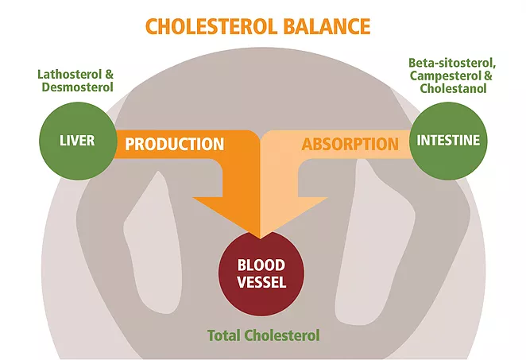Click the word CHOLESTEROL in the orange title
[211, 26]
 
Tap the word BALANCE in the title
[327, 26]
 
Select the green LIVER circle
[78, 141]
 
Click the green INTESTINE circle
[448, 141]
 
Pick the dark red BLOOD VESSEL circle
[261, 273]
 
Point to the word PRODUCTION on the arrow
[175, 144]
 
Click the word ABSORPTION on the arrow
[350, 144]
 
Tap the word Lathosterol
[69, 74]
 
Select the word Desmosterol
[78, 87]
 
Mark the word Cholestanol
[453, 88]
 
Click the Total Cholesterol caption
[263, 335]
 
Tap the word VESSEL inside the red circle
[261, 282]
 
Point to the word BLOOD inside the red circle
[261, 265]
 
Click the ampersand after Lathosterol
[109, 74]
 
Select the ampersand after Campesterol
[488, 75]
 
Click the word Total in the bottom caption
[224, 335]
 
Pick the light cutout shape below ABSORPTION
[375, 242]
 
